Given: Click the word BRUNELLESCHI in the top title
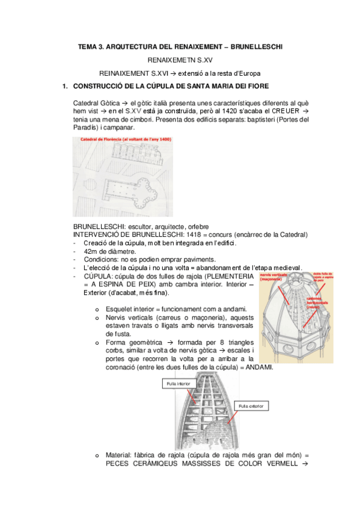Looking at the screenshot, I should click(x=252, y=46).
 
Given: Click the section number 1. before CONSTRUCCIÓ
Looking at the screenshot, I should click(x=66, y=86).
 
